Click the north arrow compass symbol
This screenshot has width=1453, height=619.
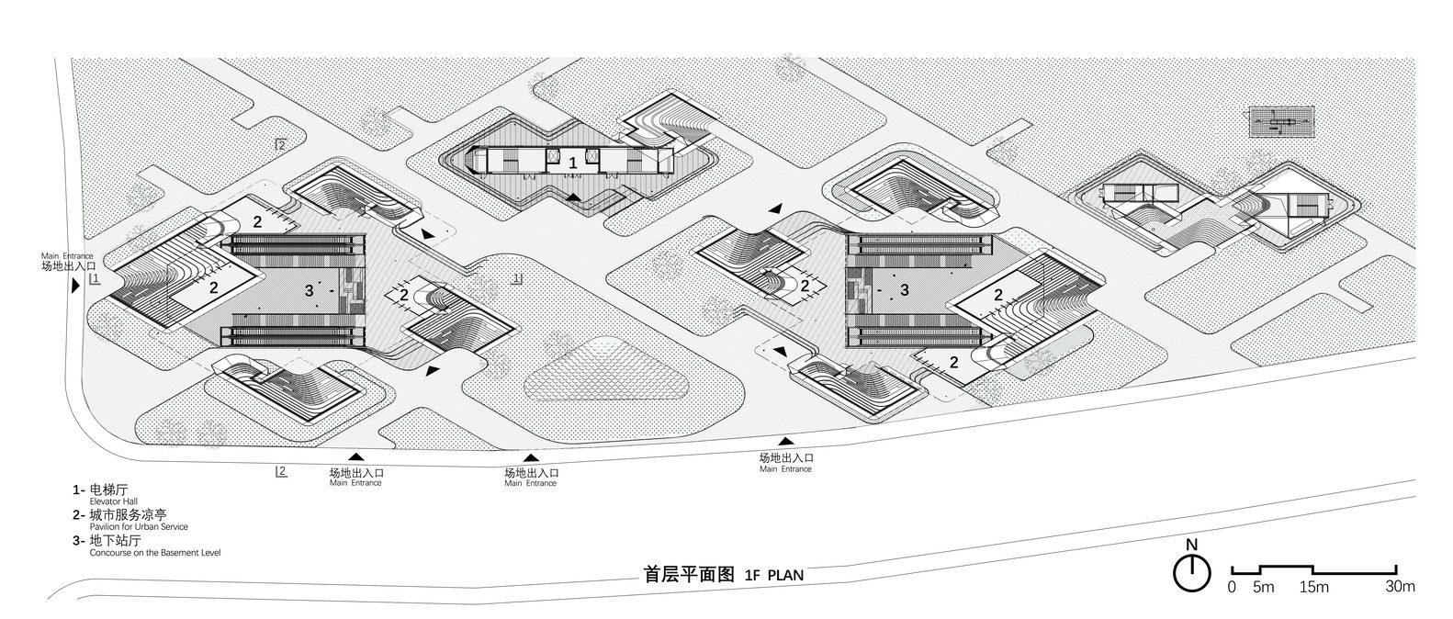click(x=1191, y=573)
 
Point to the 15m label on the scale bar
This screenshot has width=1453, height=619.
click(x=1314, y=587)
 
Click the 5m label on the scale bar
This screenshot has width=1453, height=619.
click(x=1264, y=587)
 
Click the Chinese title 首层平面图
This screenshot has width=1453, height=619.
click(x=688, y=575)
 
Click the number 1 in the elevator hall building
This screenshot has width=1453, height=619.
click(x=573, y=163)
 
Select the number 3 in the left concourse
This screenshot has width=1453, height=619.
click(x=309, y=290)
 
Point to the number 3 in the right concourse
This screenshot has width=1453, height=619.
click(x=905, y=290)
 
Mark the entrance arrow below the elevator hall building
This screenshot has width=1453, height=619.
click(x=573, y=197)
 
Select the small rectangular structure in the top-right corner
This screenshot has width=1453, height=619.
click(x=1284, y=121)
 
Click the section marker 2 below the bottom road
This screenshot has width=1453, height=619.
click(x=281, y=472)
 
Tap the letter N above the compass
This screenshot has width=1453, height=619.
click(x=1191, y=545)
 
